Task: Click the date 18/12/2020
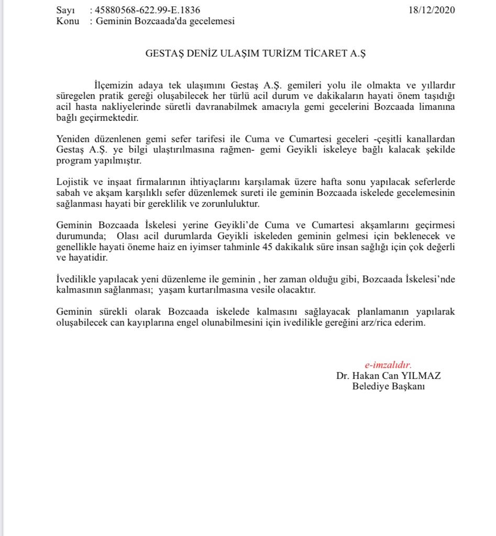pyautogui.click(x=431, y=10)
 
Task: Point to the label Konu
pyautogui.click(x=68, y=21)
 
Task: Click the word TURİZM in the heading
pyautogui.click(x=279, y=53)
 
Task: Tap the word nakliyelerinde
pyautogui.click(x=120, y=107)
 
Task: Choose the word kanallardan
pyautogui.click(x=432, y=139)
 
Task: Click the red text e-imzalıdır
pyautogui.click(x=388, y=365)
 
